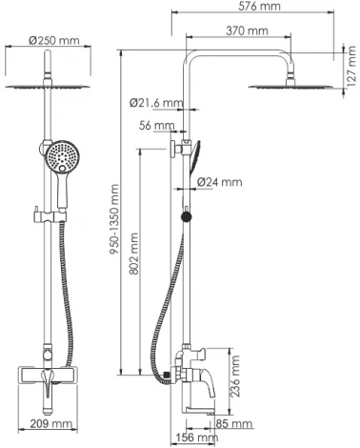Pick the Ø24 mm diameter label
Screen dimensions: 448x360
click(x=219, y=181)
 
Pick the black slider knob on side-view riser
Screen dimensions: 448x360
click(x=186, y=218)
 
